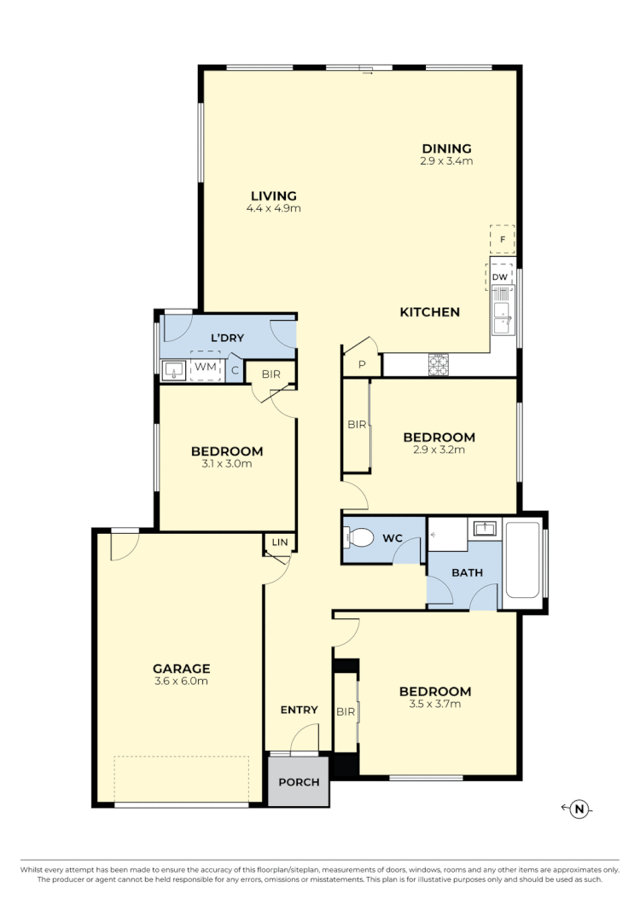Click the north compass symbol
pyautogui.click(x=579, y=809)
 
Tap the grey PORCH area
pyautogui.click(x=299, y=782)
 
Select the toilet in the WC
pyautogui.click(x=359, y=538)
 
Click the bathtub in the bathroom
pyautogui.click(x=524, y=562)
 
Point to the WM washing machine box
pyautogui.click(x=205, y=367)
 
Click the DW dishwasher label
pyautogui.click(x=501, y=277)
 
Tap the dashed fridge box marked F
pyautogui.click(x=503, y=241)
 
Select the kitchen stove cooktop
pyautogui.click(x=438, y=365)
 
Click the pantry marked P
pyautogui.click(x=361, y=364)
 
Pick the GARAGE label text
pyautogui.click(x=181, y=669)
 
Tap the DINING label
pyautogui.click(x=445, y=148)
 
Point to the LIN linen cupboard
pyautogui.click(x=279, y=542)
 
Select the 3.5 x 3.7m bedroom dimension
pyautogui.click(x=435, y=704)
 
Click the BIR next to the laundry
pyautogui.click(x=271, y=373)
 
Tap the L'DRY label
pyautogui.click(x=227, y=338)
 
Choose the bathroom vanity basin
pyautogui.click(x=484, y=529)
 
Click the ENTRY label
pyautogui.click(x=299, y=710)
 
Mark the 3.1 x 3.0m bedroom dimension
pyautogui.click(x=227, y=464)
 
